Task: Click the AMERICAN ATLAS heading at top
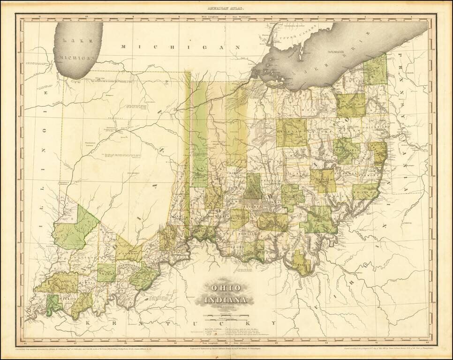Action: pyautogui.click(x=226, y=8)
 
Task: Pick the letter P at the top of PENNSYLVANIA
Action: pyautogui.click(x=400, y=55)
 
